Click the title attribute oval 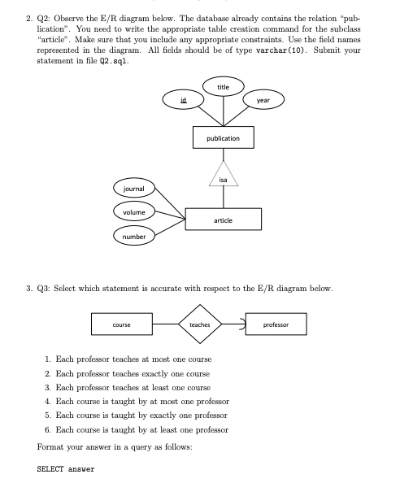pos(224,87)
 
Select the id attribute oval pos(184,101)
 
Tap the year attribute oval pos(263,100)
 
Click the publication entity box pos(223,138)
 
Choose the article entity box pos(224,220)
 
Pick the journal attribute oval pos(133,189)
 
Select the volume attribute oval pos(133,212)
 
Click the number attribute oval pos(133,237)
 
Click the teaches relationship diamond pos(199,324)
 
